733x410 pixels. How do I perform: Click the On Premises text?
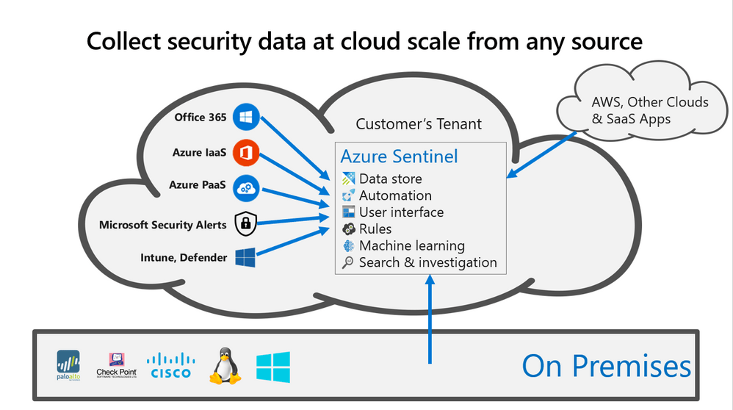click(606, 366)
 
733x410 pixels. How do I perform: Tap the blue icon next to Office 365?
click(245, 117)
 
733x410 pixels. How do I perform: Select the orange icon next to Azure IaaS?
click(245, 153)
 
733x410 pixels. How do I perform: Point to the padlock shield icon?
click(245, 223)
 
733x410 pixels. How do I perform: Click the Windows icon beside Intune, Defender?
click(245, 257)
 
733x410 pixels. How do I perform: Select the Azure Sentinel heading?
click(399, 156)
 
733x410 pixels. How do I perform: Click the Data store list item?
click(390, 179)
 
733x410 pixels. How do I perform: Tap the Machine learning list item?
click(411, 246)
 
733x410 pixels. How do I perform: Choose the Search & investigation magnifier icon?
click(349, 263)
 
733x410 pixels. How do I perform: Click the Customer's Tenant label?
click(419, 123)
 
